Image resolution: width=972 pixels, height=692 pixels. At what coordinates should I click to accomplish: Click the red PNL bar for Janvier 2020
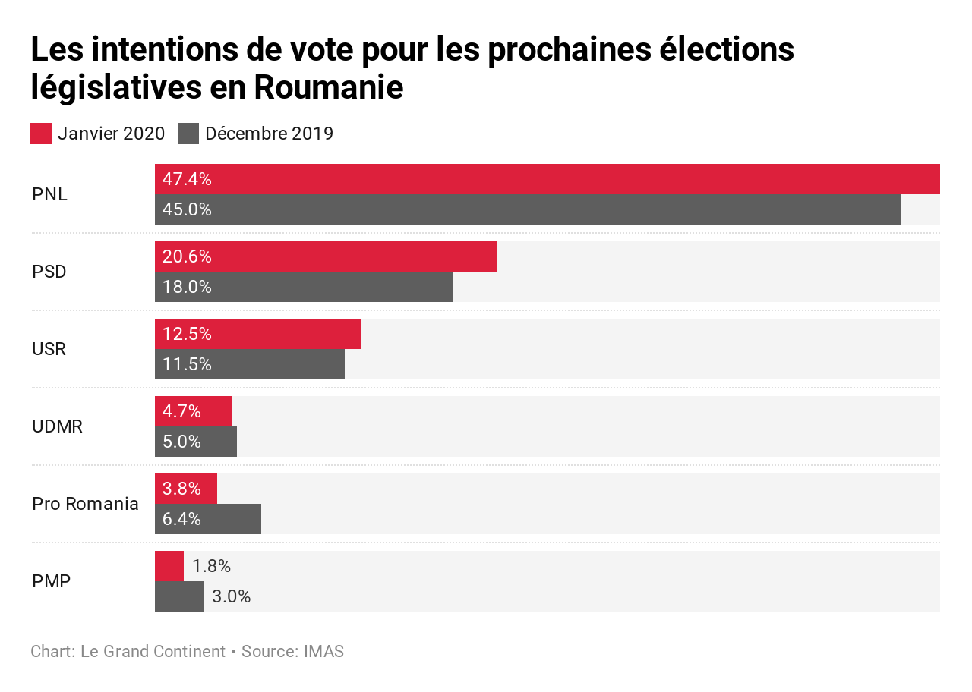click(x=547, y=179)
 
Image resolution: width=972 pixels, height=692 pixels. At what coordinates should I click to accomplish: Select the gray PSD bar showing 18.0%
click(x=304, y=287)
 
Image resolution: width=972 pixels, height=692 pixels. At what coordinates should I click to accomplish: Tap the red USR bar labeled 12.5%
click(x=258, y=334)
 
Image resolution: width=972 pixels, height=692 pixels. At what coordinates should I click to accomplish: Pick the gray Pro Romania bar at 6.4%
click(x=208, y=519)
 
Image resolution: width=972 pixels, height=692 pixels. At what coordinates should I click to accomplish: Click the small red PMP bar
click(x=169, y=566)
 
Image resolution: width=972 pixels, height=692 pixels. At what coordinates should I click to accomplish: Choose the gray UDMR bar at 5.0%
click(x=196, y=442)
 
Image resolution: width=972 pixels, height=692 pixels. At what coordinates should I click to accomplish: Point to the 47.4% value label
click(x=187, y=180)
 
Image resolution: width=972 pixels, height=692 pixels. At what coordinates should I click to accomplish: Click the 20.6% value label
click(x=187, y=257)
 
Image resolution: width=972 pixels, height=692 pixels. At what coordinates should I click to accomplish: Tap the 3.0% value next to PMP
click(x=231, y=597)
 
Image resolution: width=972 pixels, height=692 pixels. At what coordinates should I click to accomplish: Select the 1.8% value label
click(x=211, y=567)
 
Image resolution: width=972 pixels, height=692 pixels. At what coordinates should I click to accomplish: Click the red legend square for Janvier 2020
click(x=41, y=134)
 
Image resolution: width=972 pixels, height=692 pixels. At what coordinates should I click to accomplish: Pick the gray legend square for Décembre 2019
click(x=188, y=134)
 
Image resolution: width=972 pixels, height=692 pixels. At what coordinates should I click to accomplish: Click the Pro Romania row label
click(x=85, y=504)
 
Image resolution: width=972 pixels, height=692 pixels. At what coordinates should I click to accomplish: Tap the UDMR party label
click(x=57, y=426)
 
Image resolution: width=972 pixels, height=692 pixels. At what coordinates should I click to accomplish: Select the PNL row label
click(x=49, y=194)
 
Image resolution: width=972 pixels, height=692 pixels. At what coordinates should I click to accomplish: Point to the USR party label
click(x=49, y=349)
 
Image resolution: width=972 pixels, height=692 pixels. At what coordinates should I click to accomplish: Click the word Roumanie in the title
click(x=328, y=87)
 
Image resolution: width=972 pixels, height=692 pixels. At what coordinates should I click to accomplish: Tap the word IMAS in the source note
click(x=323, y=652)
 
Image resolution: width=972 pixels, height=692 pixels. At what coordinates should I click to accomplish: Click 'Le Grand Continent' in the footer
click(x=153, y=652)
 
